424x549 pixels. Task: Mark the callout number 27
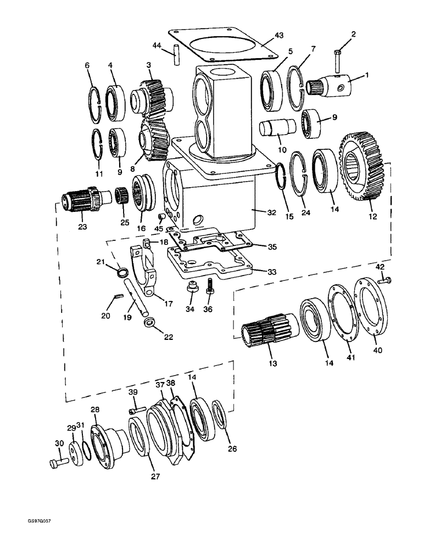point(155,477)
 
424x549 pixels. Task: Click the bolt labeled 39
point(136,410)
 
